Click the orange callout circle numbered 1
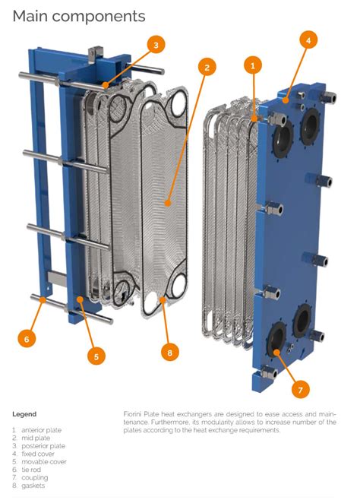pyautogui.click(x=253, y=66)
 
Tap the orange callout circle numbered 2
pyautogui.click(x=207, y=67)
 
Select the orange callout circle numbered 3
pyautogui.click(x=156, y=45)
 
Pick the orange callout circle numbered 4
pyautogui.click(x=308, y=40)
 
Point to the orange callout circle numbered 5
pyautogui.click(x=96, y=356)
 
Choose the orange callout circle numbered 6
pyautogui.click(x=27, y=339)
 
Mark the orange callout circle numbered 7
pyautogui.click(x=301, y=389)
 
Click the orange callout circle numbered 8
pyautogui.click(x=169, y=353)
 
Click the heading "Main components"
pyautogui.click(x=79, y=16)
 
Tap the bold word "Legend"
pyautogui.click(x=24, y=414)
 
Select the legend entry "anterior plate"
pyautogui.click(x=42, y=430)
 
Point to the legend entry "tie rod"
pyautogui.click(x=31, y=470)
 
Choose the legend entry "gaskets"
pyautogui.click(x=33, y=486)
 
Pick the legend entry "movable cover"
pyautogui.click(x=44, y=462)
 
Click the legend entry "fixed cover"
pyautogui.click(x=38, y=454)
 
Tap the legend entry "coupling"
pyautogui.click(x=35, y=478)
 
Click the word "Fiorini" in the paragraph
pyautogui.click(x=132, y=414)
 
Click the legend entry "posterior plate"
pyautogui.click(x=43, y=446)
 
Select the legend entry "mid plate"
pyautogui.click(x=36, y=438)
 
